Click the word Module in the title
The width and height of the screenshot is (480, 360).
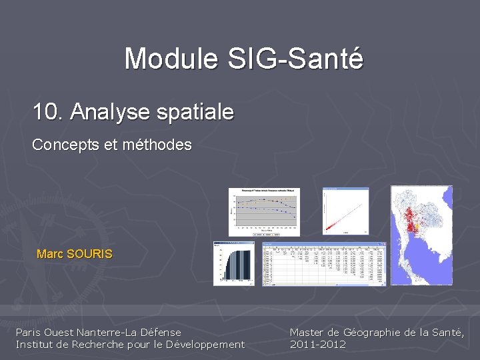click(x=171, y=59)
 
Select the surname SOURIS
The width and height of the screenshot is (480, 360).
click(x=90, y=254)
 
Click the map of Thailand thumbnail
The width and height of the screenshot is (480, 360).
click(x=421, y=235)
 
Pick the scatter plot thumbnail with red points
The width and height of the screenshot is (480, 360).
click(x=345, y=211)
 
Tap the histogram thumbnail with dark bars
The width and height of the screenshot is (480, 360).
click(x=233, y=264)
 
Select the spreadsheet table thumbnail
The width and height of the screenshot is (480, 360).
click(x=324, y=264)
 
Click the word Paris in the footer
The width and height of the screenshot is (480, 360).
click(x=28, y=332)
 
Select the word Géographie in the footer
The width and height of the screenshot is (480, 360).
click(x=373, y=332)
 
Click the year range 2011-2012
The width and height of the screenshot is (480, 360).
click(x=318, y=344)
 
